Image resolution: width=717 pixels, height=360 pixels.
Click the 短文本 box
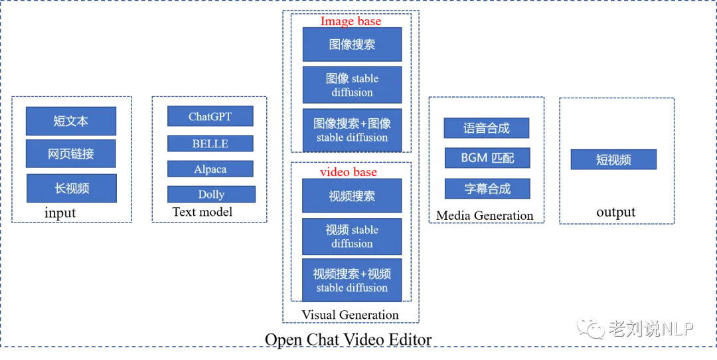click(x=71, y=122)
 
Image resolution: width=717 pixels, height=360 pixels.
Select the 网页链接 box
click(x=71, y=154)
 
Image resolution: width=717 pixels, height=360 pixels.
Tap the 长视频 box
click(x=71, y=189)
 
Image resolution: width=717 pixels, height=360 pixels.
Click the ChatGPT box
click(x=210, y=116)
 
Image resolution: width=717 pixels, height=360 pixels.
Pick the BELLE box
click(x=210, y=143)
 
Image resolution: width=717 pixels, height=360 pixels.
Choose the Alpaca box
click(x=210, y=169)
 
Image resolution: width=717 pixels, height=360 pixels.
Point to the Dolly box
click(x=211, y=195)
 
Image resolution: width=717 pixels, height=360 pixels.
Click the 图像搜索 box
click(x=352, y=45)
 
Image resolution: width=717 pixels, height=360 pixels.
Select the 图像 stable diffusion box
click(x=352, y=85)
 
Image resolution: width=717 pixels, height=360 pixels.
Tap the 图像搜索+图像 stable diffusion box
click(x=352, y=130)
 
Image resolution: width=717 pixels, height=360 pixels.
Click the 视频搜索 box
click(x=352, y=197)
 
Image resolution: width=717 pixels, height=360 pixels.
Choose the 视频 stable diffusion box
click(x=352, y=236)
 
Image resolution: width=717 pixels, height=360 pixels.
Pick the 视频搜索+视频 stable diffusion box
click(x=352, y=280)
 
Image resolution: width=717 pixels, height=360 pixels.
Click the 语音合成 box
click(x=487, y=128)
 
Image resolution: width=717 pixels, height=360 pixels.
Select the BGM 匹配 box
click(x=487, y=159)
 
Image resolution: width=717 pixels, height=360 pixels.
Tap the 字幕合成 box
click(x=487, y=189)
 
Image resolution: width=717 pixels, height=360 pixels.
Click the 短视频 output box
click(x=613, y=160)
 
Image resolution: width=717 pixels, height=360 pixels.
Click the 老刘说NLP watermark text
click(x=651, y=327)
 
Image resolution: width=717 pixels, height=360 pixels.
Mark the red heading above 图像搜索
click(x=351, y=21)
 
